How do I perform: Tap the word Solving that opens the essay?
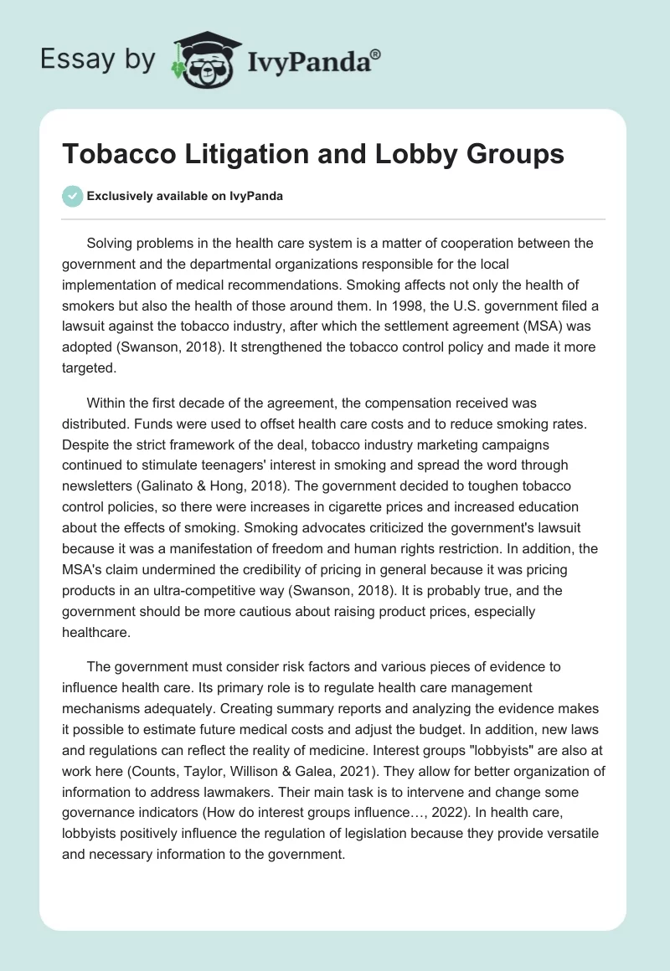(112, 244)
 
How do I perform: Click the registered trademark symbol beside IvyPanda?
(376, 53)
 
